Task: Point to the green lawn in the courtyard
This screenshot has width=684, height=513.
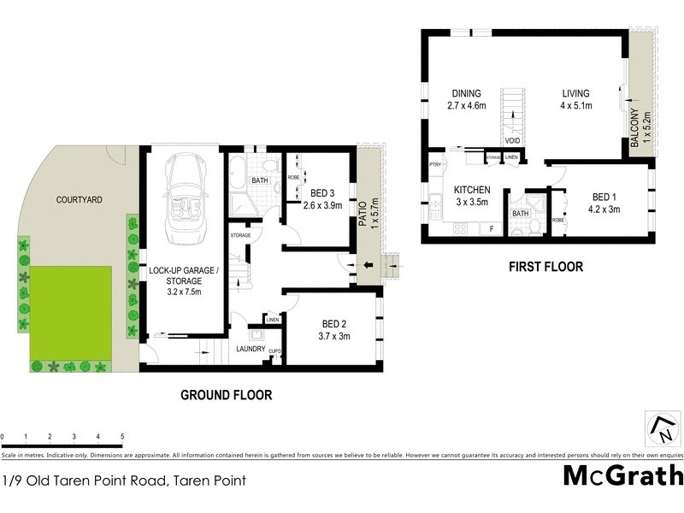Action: [x=72, y=313]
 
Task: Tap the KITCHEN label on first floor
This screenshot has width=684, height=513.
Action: [x=471, y=189]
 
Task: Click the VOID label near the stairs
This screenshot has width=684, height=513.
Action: [x=513, y=140]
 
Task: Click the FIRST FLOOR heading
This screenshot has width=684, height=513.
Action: [x=545, y=267]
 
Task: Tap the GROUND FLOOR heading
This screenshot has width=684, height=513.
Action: [x=226, y=395]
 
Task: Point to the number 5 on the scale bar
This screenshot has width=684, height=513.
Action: [x=122, y=437]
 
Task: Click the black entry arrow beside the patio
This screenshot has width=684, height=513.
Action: [x=368, y=266]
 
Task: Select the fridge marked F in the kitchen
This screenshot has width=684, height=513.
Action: [x=492, y=228]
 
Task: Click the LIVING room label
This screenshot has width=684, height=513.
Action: [x=576, y=94]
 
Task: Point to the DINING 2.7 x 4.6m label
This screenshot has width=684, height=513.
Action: [x=466, y=100]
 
